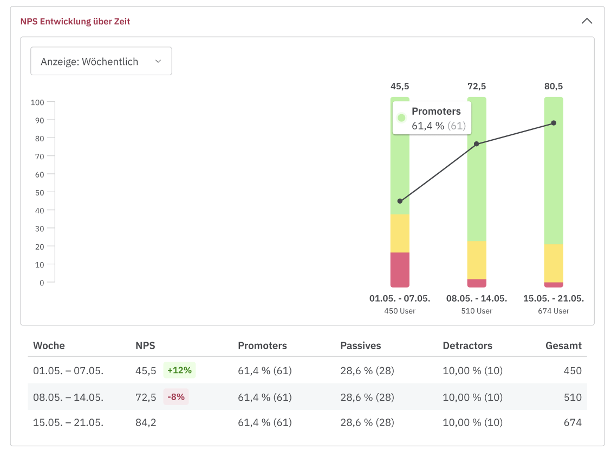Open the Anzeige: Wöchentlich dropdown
101,61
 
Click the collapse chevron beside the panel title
587,21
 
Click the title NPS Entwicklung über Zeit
75,22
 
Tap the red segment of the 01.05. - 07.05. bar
400,269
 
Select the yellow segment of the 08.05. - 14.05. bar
477,260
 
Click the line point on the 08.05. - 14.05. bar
477,144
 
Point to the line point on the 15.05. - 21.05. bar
554,123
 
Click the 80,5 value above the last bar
554,86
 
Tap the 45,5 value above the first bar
400,86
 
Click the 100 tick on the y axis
37,102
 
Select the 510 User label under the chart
477,311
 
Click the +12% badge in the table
179,370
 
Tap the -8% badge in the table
176,397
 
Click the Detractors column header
467,345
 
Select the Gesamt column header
563,345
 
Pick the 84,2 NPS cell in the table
146,422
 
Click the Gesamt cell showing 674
572,422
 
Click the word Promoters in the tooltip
436,112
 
